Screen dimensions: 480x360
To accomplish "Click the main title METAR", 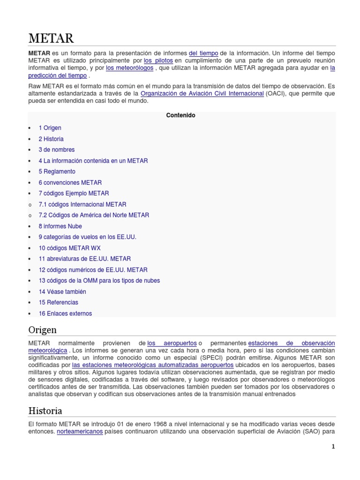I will coord(51,37).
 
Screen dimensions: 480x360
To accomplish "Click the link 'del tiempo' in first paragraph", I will coord(203,53).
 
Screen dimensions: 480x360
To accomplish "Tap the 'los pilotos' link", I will coord(158,60).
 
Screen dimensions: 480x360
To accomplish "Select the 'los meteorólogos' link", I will coord(129,68).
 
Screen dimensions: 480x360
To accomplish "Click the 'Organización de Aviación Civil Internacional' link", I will coord(202,93).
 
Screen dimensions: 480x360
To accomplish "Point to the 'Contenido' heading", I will coord(181,115).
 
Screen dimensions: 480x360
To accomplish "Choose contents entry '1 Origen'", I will coord(50,128).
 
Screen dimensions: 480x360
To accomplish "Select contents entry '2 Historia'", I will coord(51,139).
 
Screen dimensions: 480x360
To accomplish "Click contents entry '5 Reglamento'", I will coord(57,172).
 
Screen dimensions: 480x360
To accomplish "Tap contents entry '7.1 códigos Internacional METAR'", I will coord(82,204).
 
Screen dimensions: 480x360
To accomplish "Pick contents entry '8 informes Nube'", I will coord(60,226).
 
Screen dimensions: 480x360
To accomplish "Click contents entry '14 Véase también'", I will coord(62,292).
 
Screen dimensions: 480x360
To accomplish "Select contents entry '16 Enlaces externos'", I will coord(65,314).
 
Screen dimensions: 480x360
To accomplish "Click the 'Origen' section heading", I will coord(42,330).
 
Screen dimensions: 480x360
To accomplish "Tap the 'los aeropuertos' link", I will coord(172,344).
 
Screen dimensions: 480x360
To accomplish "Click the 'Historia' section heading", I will coord(45,411).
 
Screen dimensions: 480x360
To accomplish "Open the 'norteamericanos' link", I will coord(80,432).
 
